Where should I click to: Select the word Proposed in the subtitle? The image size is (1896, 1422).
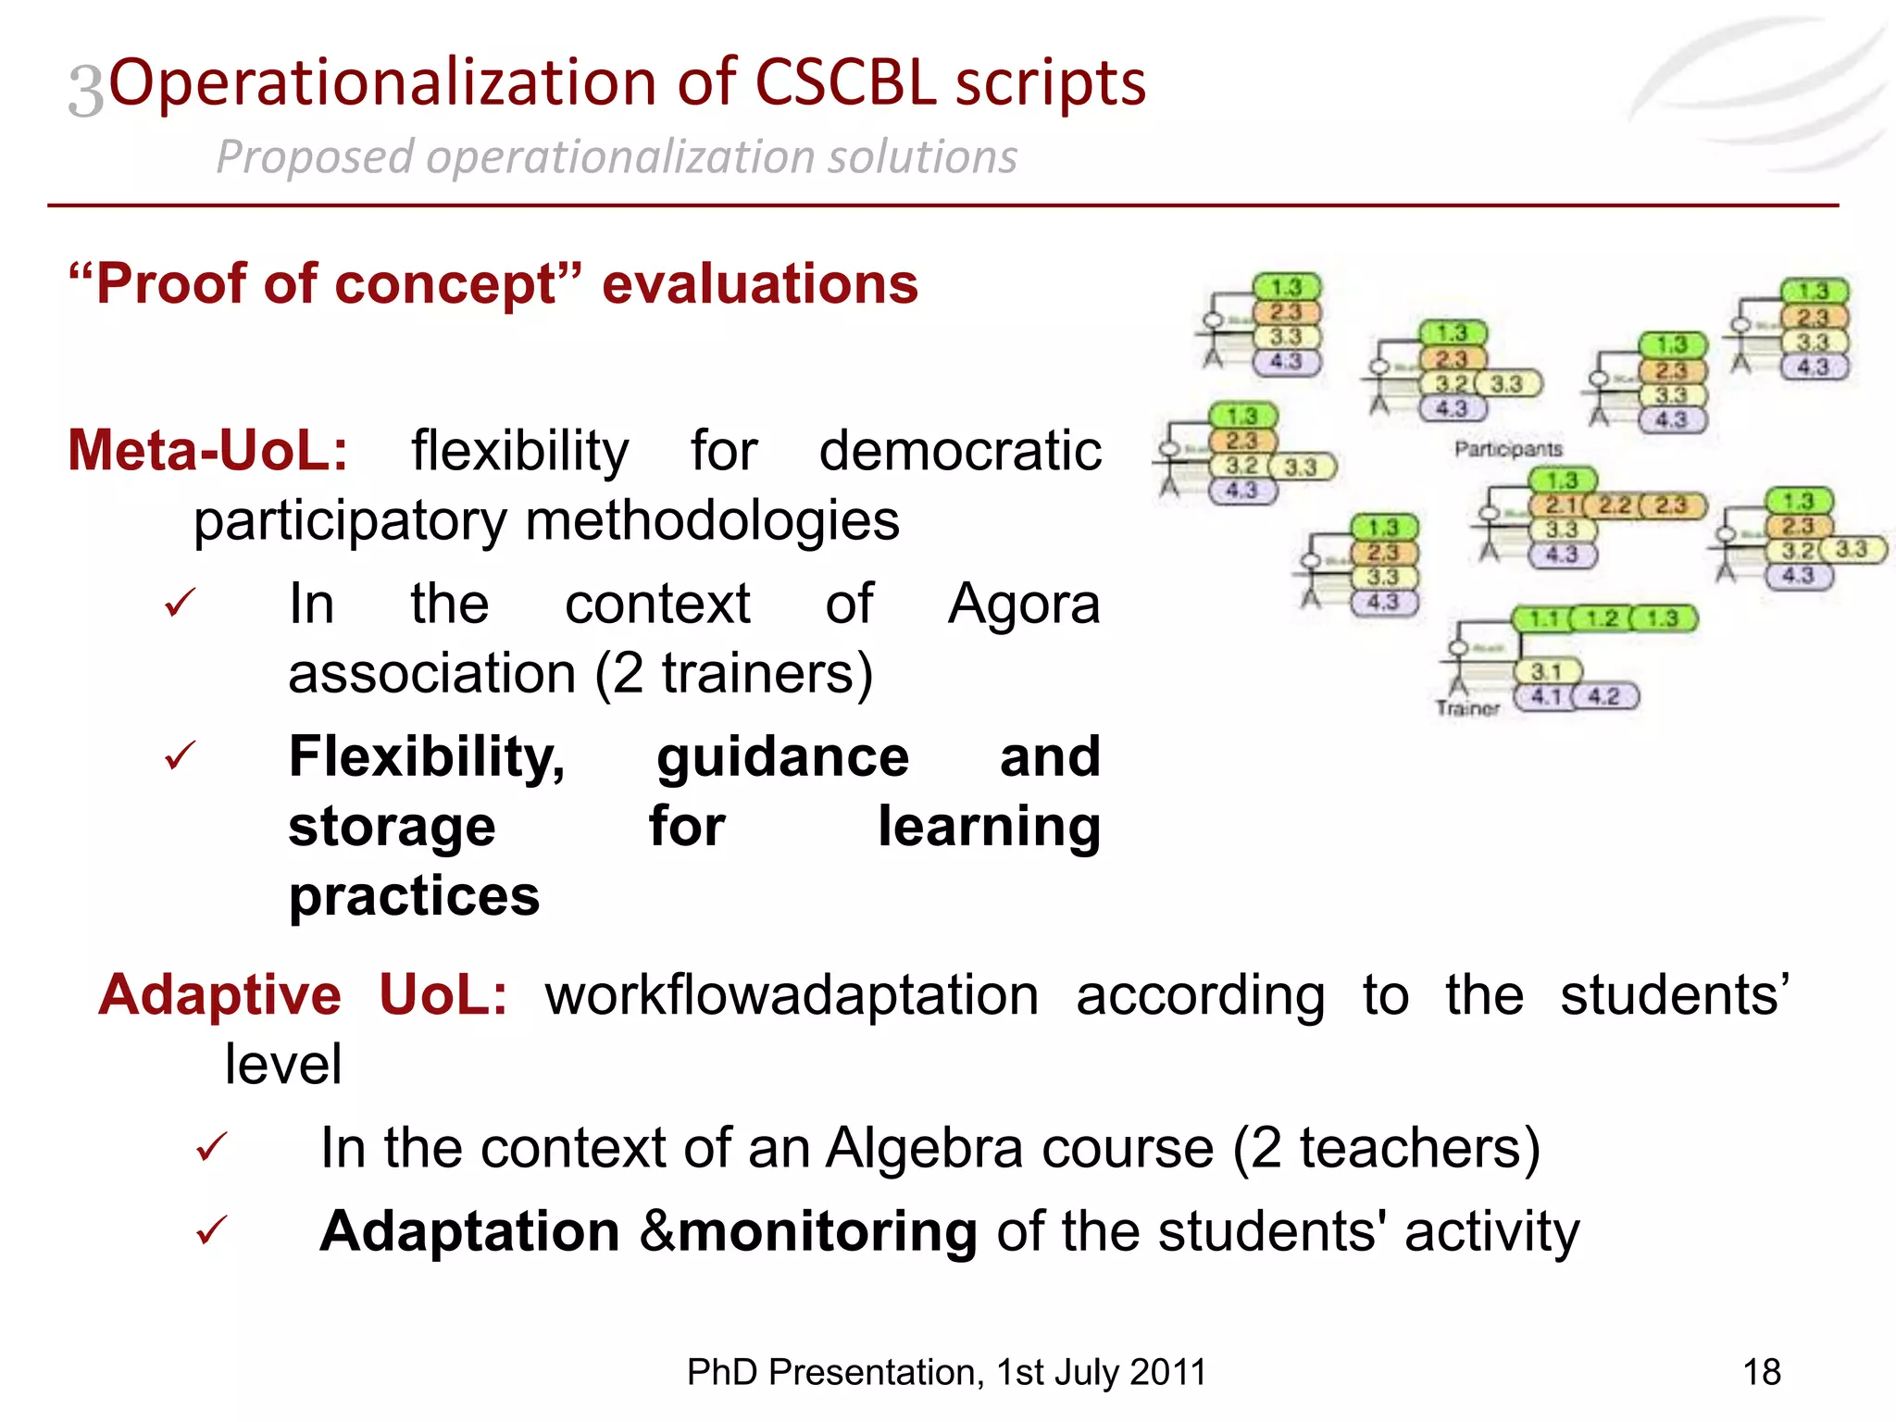[314, 157]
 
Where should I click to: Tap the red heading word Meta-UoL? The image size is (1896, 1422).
[208, 452]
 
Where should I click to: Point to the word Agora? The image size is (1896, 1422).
[1023, 605]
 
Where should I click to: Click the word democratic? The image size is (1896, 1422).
[959, 452]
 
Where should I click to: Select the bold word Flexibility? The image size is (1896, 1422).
[427, 757]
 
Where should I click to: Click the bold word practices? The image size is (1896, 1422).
[414, 896]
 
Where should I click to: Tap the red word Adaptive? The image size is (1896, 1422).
[220, 995]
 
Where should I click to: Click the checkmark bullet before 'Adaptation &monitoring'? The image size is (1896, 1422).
[211, 1231]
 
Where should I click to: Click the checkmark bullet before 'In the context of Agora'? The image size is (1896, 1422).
[180, 604]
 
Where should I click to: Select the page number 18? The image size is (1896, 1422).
[1761, 1372]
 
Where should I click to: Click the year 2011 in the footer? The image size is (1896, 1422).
[1167, 1372]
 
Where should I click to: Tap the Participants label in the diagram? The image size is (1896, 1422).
[1507, 449]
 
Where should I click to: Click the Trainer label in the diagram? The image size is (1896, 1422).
[1466, 708]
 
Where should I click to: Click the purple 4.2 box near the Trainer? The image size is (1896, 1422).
[1604, 696]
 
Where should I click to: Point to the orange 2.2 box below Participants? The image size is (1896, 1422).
[1615, 505]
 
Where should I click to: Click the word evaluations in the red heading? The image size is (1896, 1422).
[759, 283]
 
